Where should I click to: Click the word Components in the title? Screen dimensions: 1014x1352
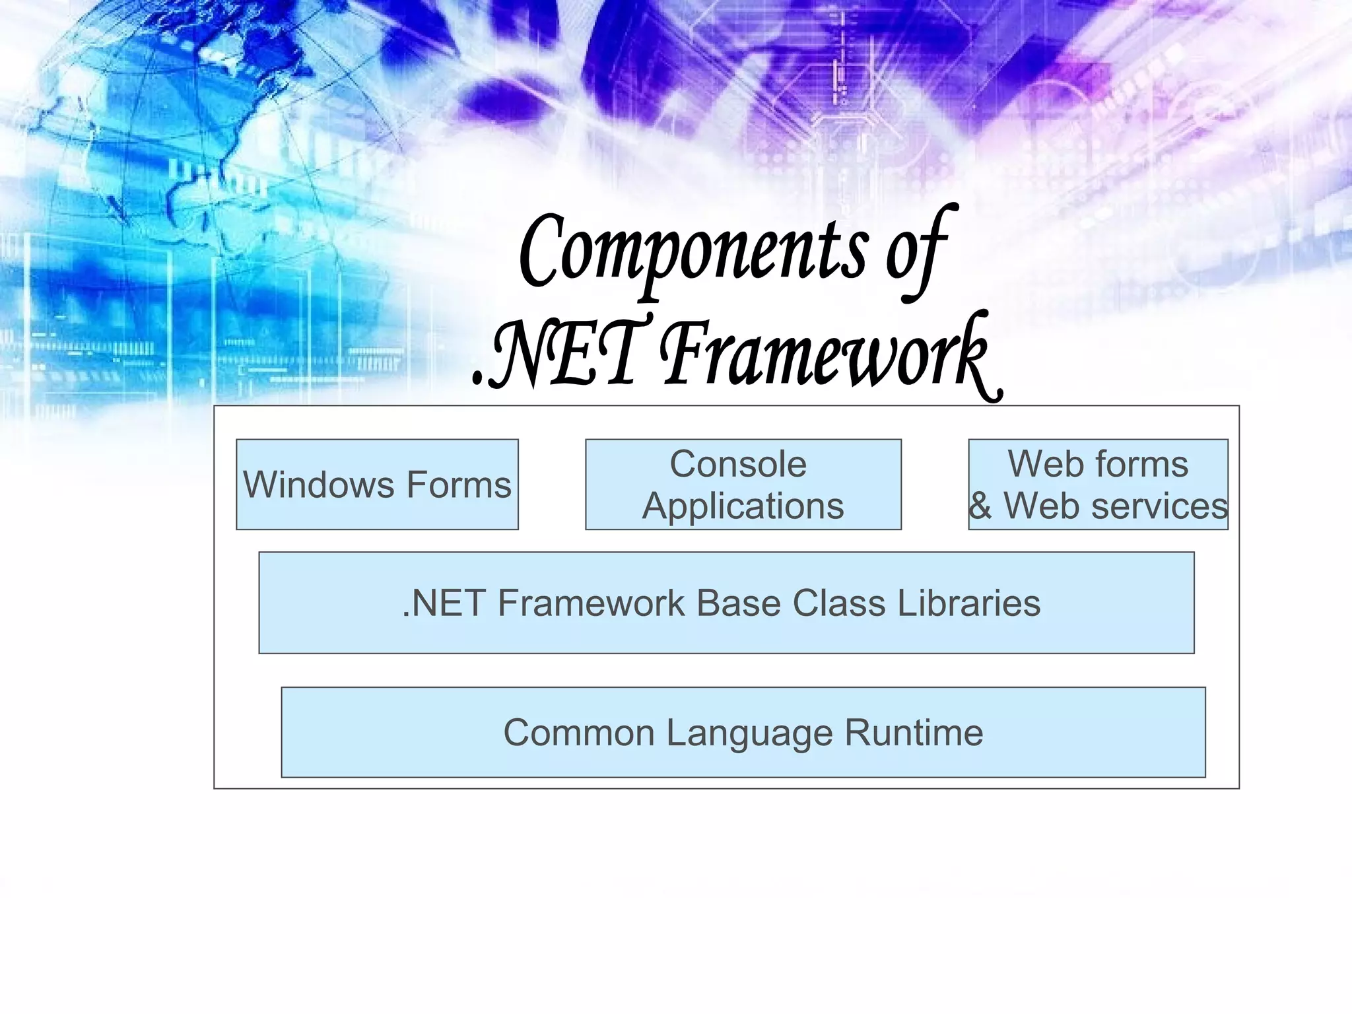[x=693, y=254]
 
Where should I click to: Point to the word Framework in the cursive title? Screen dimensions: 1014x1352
[x=825, y=356]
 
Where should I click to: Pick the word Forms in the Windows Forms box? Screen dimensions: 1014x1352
[x=459, y=485]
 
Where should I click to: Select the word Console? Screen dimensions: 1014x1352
[x=738, y=464]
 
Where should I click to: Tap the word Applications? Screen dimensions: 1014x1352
[x=743, y=506]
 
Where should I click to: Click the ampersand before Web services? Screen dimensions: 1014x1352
[x=980, y=506]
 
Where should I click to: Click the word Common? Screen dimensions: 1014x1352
[x=579, y=733]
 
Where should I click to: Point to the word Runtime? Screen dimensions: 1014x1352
[x=914, y=733]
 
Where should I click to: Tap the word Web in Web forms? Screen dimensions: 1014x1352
[x=1041, y=464]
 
